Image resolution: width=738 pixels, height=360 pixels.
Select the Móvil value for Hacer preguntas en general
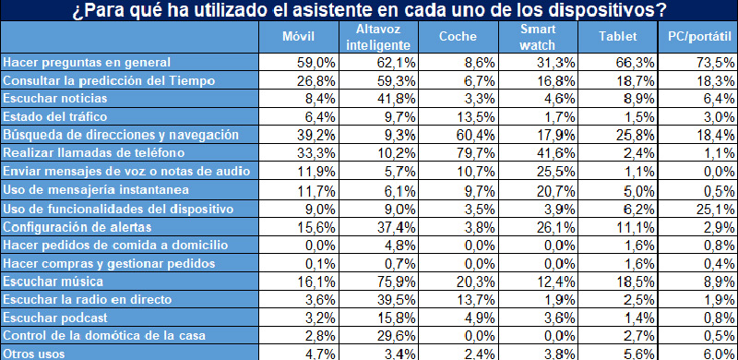pyautogui.click(x=300, y=62)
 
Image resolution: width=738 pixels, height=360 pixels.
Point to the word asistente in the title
pyautogui.click(x=302, y=10)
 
